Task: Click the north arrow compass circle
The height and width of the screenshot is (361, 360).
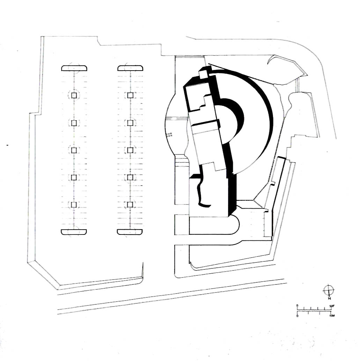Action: (329, 290)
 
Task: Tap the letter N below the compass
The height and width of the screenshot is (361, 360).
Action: (329, 298)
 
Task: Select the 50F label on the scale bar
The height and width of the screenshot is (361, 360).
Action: (332, 306)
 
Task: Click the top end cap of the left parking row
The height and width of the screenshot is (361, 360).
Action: (74, 68)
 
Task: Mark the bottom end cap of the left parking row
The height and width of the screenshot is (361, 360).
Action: (74, 232)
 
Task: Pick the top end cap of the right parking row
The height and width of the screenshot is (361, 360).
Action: (130, 68)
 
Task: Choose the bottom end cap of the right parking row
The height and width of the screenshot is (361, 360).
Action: (130, 232)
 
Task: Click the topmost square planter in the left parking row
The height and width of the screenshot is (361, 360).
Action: (74, 95)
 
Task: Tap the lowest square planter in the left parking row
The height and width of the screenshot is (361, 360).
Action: (74, 204)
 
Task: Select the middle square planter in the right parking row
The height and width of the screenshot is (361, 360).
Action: (130, 150)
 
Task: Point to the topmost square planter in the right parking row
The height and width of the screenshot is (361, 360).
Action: (130, 95)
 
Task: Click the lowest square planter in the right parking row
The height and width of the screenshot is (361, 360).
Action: (130, 204)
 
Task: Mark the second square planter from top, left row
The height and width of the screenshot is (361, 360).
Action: (74, 123)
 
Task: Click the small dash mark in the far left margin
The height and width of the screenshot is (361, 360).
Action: (7, 144)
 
